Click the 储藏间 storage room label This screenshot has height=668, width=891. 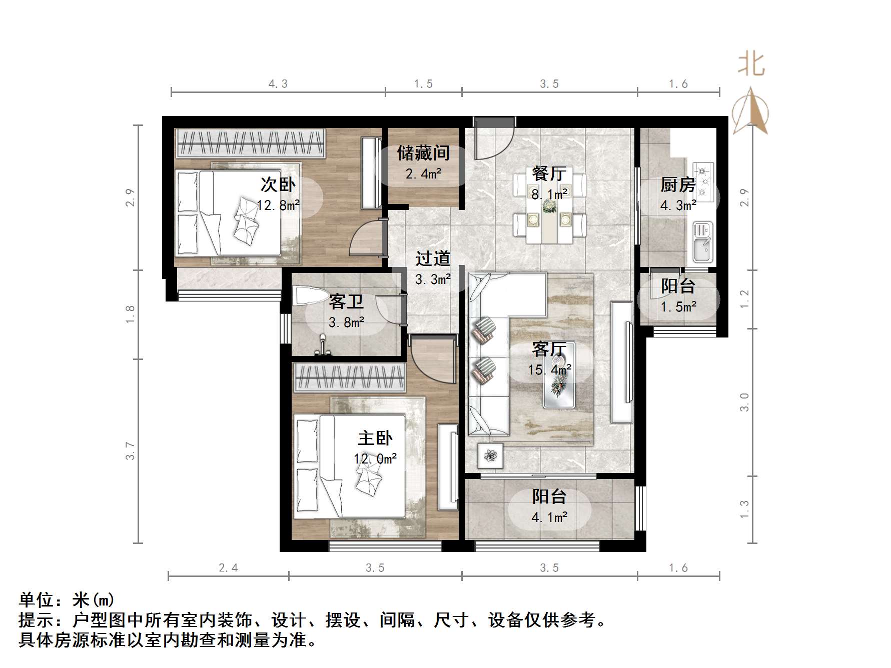tap(423, 153)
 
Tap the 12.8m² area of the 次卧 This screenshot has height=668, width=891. tap(278, 205)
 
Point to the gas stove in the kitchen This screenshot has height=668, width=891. tap(703, 178)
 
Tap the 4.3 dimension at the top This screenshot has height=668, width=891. tap(278, 84)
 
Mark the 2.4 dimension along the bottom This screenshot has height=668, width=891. tap(228, 567)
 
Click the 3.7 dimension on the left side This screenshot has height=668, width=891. tap(131, 450)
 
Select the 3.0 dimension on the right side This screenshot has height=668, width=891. tap(744, 402)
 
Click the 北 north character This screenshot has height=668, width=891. tap(751, 65)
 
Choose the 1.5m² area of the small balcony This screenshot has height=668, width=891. tap(678, 306)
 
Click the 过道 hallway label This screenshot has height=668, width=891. tap(433, 258)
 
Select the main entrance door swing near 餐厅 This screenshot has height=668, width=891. tap(493, 140)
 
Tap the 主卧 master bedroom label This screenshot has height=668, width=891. tap(375, 438)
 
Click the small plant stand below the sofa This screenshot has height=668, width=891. tap(490, 455)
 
